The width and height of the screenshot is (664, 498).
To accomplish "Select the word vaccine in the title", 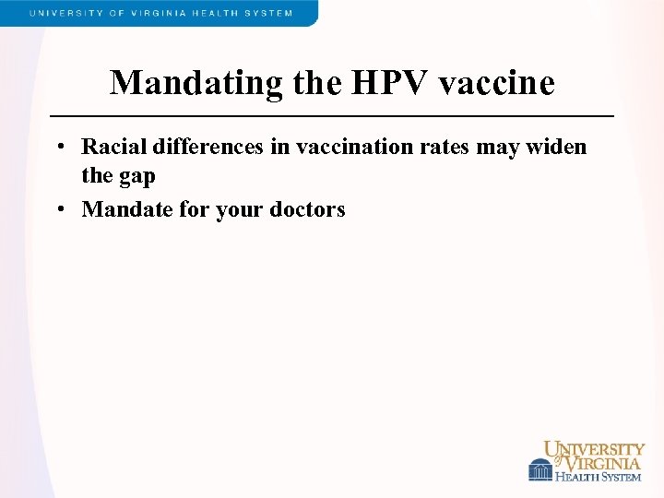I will click(x=497, y=83).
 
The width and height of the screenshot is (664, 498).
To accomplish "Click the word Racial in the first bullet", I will click(x=113, y=147).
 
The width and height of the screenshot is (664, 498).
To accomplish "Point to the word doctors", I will click(x=307, y=209).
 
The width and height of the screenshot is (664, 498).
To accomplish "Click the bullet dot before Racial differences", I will click(x=58, y=148).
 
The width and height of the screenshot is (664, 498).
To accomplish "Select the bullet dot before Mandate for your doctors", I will click(x=58, y=210).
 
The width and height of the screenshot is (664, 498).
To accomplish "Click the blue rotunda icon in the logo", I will click(x=540, y=469).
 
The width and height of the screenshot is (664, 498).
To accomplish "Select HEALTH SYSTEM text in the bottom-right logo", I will click(x=598, y=476).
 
